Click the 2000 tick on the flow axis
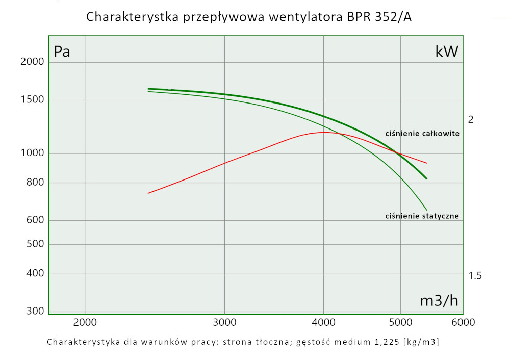[85, 322]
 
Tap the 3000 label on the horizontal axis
[225, 322]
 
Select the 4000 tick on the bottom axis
[323, 322]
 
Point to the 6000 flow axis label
[463, 322]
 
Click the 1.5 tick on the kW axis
[475, 276]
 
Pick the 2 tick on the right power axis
[471, 119]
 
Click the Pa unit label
[62, 52]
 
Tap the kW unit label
[447, 52]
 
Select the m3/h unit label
[439, 301]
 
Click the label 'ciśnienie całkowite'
[422, 134]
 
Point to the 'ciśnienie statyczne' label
[422, 216]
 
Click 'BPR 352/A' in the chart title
[380, 17]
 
